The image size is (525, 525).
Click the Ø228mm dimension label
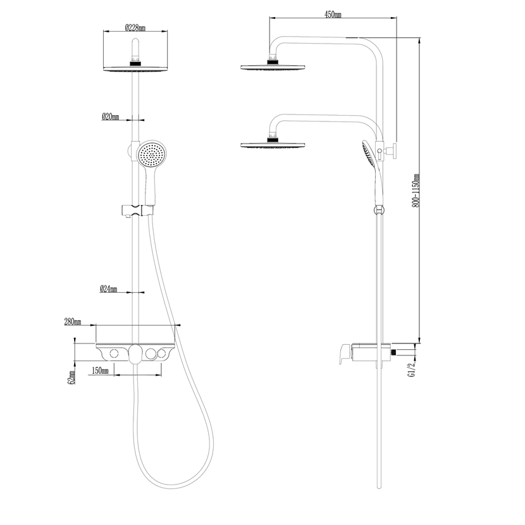[135, 27]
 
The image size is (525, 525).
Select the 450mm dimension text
[333, 14]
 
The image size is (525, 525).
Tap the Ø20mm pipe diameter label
[111, 116]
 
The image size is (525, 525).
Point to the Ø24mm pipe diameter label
[109, 288]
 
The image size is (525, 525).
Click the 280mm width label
[73, 322]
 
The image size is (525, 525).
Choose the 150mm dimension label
[100, 371]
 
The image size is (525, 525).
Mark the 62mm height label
[71, 378]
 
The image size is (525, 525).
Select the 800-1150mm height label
[416, 190]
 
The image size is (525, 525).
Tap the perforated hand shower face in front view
[152, 155]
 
